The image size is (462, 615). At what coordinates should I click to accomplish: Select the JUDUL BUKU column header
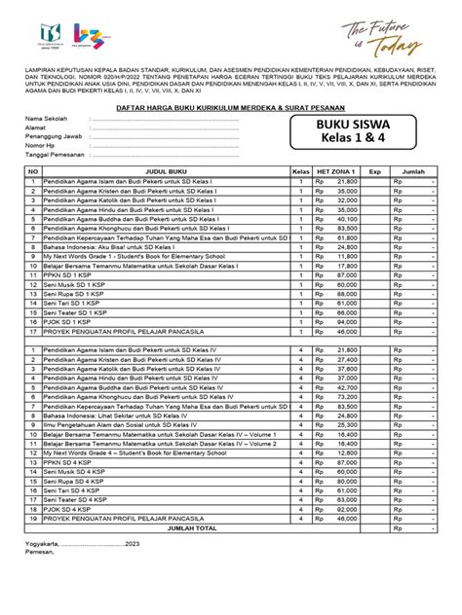tap(164, 170)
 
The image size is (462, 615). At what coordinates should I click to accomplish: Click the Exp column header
tap(374, 170)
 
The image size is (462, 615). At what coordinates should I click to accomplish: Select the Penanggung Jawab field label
tap(54, 137)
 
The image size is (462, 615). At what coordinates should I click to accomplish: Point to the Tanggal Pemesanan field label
tap(56, 155)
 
